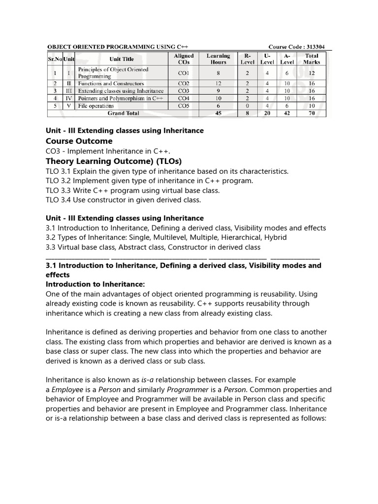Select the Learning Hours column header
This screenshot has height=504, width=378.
218,59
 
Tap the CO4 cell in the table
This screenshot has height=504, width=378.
184,98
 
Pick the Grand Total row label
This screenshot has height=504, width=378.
123,113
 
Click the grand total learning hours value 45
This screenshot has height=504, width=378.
218,113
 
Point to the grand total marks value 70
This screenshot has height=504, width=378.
312,113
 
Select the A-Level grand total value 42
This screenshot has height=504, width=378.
287,113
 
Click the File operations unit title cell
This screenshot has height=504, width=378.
96,106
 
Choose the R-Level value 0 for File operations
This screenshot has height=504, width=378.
247,106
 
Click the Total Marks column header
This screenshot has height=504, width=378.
312,59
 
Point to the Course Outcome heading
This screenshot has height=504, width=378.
79,141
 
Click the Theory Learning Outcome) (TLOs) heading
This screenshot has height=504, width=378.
114,161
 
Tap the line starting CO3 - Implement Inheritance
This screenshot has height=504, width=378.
111,151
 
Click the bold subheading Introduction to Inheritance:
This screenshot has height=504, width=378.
95,284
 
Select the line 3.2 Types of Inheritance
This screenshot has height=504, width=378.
166,237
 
